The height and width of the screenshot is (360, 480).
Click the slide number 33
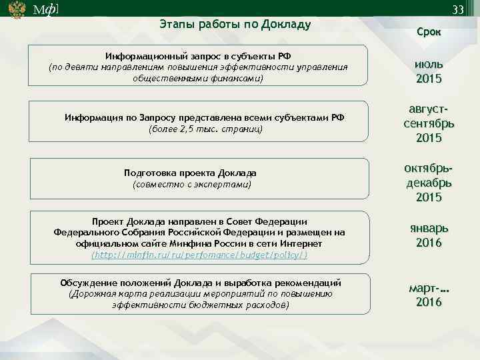click(457, 10)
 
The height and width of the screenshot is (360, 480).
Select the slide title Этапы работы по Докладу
click(235, 25)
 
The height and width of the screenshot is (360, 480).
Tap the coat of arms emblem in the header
click(16, 10)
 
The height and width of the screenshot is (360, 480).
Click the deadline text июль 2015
click(429, 71)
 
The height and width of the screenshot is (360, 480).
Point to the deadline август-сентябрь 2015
click(429, 123)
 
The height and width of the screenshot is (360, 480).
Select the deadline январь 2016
click(429, 235)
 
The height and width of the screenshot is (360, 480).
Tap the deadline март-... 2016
click(429, 295)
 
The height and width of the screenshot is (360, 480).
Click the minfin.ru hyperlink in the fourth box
click(199, 255)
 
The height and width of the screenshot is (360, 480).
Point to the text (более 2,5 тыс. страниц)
click(206, 128)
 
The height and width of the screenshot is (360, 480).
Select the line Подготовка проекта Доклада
click(190, 172)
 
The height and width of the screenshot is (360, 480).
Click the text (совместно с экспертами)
click(191, 183)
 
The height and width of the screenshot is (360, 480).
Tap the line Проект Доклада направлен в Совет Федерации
click(199, 221)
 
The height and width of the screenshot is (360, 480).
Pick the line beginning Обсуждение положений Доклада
click(201, 282)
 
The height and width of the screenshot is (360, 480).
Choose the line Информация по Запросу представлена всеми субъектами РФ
click(205, 117)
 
